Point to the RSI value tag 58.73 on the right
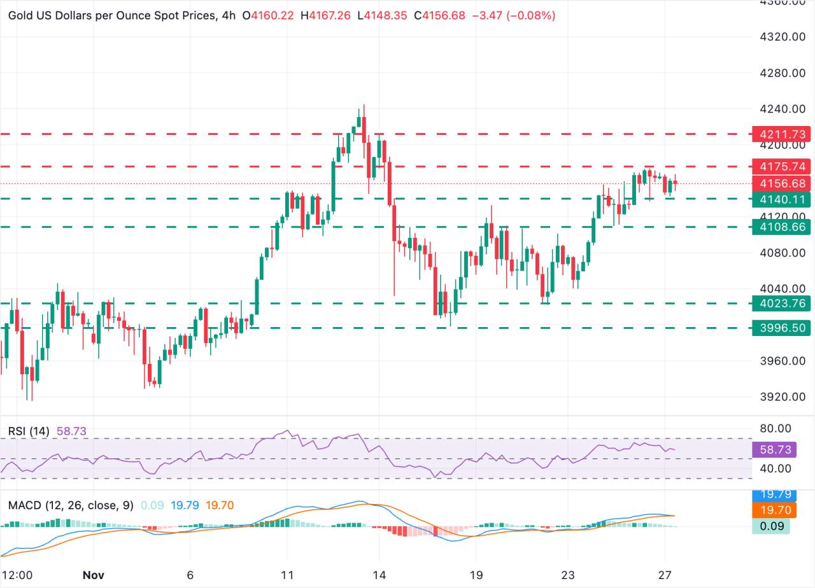point(772,449)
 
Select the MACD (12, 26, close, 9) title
point(70,505)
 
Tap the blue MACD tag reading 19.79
point(772,494)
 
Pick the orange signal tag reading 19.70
point(772,509)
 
